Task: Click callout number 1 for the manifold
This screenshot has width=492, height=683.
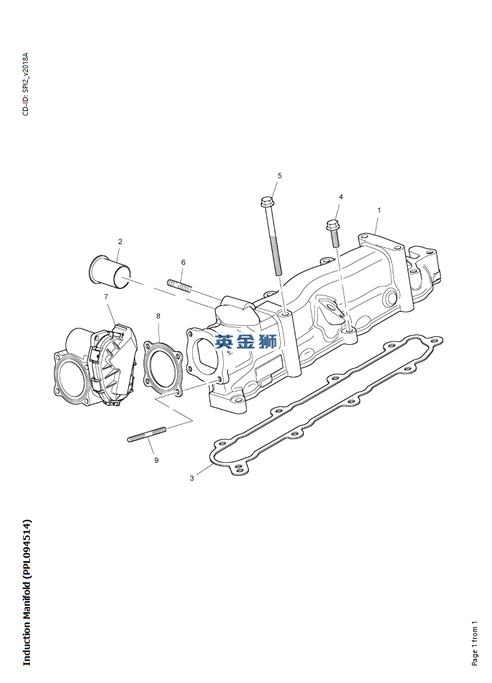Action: (x=379, y=210)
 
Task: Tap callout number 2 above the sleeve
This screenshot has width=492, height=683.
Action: (x=120, y=242)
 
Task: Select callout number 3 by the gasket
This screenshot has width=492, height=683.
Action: (x=191, y=478)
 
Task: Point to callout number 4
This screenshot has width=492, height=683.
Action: (x=341, y=197)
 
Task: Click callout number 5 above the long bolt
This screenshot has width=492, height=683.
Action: (x=280, y=175)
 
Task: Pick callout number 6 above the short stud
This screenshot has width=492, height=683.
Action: (x=183, y=262)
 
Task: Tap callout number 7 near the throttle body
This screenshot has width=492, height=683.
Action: (x=106, y=297)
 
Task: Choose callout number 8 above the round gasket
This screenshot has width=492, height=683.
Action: (x=158, y=316)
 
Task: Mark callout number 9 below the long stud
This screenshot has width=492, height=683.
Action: (x=156, y=460)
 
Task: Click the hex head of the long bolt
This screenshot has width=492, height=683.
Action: (x=267, y=201)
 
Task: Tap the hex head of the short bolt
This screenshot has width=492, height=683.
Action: (x=332, y=225)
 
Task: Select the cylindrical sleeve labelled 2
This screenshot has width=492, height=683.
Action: (x=109, y=272)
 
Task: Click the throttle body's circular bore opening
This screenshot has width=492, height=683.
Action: (x=70, y=379)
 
